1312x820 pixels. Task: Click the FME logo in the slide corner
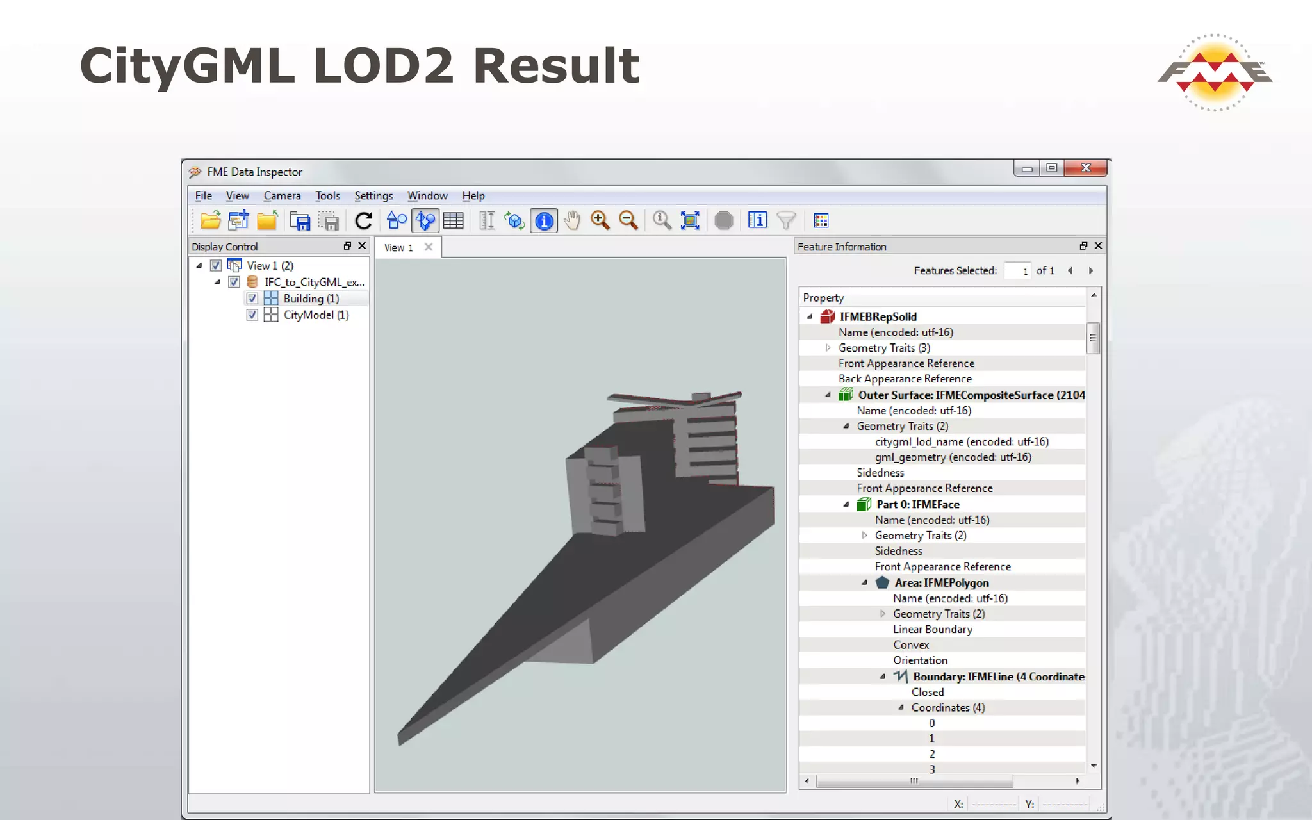pyautogui.click(x=1215, y=72)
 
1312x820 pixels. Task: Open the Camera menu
pyautogui.click(x=282, y=196)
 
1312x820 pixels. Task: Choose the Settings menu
pyautogui.click(x=373, y=196)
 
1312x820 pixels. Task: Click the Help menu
pyautogui.click(x=473, y=196)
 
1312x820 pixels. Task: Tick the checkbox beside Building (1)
pyautogui.click(x=252, y=299)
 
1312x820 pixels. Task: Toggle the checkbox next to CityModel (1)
pyautogui.click(x=252, y=315)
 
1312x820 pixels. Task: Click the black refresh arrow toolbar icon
pyautogui.click(x=364, y=221)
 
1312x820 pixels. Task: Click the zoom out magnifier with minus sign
pyautogui.click(x=628, y=221)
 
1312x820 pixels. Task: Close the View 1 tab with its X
pyautogui.click(x=429, y=247)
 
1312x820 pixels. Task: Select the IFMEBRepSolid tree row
pyautogui.click(x=878, y=316)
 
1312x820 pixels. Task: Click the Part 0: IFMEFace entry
pyautogui.click(x=917, y=505)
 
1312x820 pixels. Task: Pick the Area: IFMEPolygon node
pyautogui.click(x=941, y=583)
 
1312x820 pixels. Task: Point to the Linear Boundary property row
pyautogui.click(x=933, y=630)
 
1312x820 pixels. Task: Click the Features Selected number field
pyautogui.click(x=1017, y=271)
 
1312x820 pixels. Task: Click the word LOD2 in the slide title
pyautogui.click(x=384, y=66)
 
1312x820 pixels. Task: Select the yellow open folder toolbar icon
pyautogui.click(x=210, y=221)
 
